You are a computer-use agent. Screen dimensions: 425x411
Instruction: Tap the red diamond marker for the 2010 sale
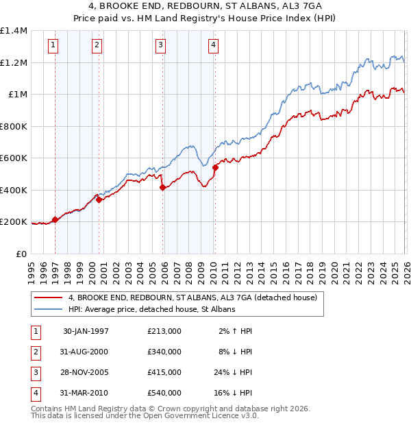tap(215, 167)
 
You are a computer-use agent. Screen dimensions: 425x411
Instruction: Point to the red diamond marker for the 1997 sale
tap(55, 219)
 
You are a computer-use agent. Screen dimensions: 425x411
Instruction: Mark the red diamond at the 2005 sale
tap(162, 187)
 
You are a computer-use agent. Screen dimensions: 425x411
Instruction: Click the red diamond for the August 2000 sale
tap(99, 199)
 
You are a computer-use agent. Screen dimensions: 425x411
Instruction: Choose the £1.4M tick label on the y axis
tap(14, 31)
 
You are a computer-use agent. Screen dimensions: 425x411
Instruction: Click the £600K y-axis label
tap(14, 158)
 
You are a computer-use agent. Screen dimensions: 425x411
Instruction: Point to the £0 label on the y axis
tap(21, 254)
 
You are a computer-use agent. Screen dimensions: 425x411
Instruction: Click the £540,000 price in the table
tap(164, 393)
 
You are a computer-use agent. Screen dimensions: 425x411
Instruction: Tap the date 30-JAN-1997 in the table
tap(86, 331)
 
